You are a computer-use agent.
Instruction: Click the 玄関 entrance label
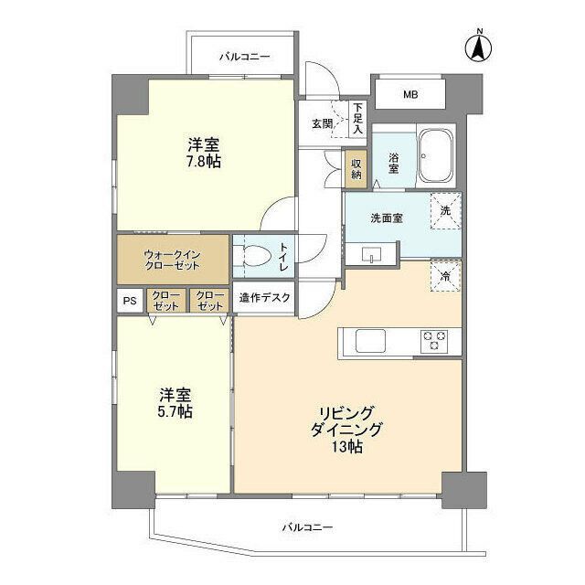coord(321,123)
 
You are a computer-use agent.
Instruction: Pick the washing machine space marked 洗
coord(445,211)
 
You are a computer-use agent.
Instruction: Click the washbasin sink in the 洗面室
coord(373,254)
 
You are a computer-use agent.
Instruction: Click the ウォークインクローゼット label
coord(171,259)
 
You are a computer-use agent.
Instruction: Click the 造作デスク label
coord(265,297)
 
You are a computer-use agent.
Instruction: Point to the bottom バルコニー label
coord(307,527)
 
